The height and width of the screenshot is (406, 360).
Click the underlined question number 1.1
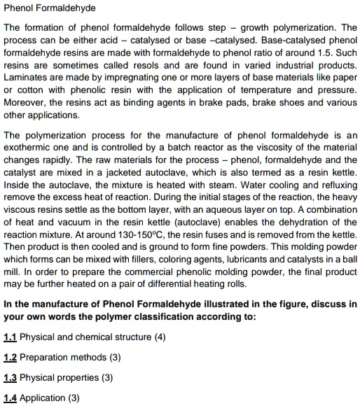tap(10, 337)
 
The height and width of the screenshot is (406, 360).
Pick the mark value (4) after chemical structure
tap(160, 337)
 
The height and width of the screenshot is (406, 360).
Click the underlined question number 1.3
tap(10, 378)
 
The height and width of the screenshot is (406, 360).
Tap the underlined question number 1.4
tap(10, 398)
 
